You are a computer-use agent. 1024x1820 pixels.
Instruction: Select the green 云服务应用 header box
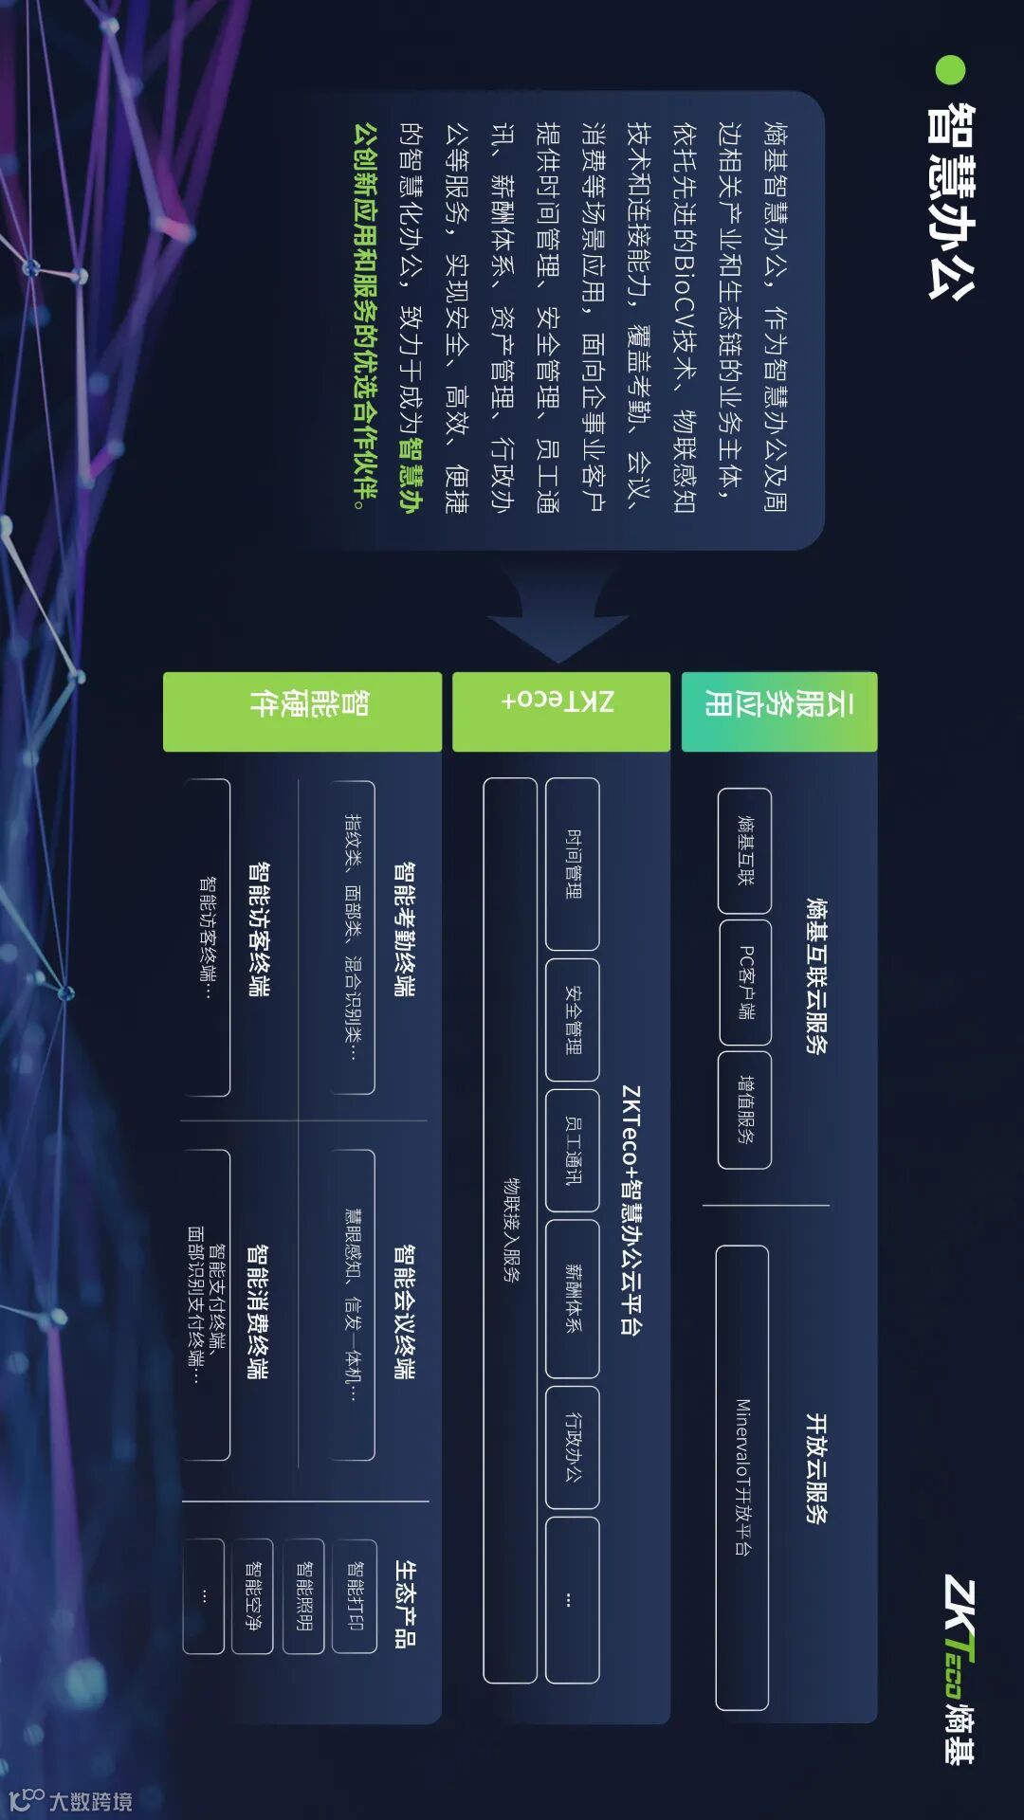click(779, 712)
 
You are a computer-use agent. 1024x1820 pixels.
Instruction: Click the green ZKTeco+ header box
click(560, 712)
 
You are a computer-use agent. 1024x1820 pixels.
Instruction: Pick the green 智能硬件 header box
click(302, 712)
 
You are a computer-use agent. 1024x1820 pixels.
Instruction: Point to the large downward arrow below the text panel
click(558, 616)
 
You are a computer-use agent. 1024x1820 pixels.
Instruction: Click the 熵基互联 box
click(745, 850)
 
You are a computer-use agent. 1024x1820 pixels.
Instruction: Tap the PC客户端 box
click(745, 982)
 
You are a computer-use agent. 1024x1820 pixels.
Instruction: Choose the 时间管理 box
click(573, 864)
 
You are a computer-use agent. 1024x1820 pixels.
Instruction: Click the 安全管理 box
click(573, 1020)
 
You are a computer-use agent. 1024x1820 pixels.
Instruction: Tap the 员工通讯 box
click(573, 1150)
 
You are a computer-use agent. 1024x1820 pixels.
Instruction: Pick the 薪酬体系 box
click(573, 1298)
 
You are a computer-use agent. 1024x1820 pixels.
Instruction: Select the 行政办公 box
click(573, 1447)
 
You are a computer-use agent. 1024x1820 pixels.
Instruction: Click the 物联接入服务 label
click(511, 1229)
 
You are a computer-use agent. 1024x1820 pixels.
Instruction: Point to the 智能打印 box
click(355, 1596)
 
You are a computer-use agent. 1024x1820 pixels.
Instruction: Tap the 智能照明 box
click(304, 1596)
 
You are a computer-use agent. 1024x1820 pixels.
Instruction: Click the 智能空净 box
click(252, 1596)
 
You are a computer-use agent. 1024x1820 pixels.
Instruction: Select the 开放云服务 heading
click(815, 1468)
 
